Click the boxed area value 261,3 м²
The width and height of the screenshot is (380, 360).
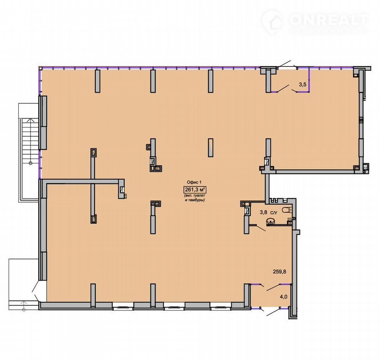pyautogui.click(x=195, y=189)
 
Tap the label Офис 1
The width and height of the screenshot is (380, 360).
pyautogui.click(x=194, y=182)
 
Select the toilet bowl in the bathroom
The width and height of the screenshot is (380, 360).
pyautogui.click(x=287, y=210)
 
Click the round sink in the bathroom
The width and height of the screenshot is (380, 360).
pyautogui.click(x=270, y=221)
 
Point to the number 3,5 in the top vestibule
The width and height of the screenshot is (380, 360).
pyautogui.click(x=303, y=85)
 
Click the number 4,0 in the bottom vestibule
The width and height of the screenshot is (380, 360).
pyautogui.click(x=283, y=297)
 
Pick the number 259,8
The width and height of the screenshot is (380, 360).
pyautogui.click(x=279, y=271)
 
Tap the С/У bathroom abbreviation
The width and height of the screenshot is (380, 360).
pyautogui.click(x=274, y=212)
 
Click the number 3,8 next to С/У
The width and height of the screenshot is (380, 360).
pyautogui.click(x=264, y=212)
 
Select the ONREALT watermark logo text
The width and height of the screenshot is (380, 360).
pyautogui.click(x=329, y=20)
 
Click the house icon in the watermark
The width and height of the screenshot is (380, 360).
pyautogui.click(x=272, y=23)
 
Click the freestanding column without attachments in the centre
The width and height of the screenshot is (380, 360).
pyautogui.click(x=211, y=148)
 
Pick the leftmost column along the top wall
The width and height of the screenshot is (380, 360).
pyautogui.click(x=97, y=81)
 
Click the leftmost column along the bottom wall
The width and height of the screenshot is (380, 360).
pyautogui.click(x=93, y=295)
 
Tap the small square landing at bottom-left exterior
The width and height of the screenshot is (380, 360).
pyautogui.click(x=23, y=284)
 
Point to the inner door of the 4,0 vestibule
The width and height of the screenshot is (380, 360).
pyautogui.click(x=274, y=287)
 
